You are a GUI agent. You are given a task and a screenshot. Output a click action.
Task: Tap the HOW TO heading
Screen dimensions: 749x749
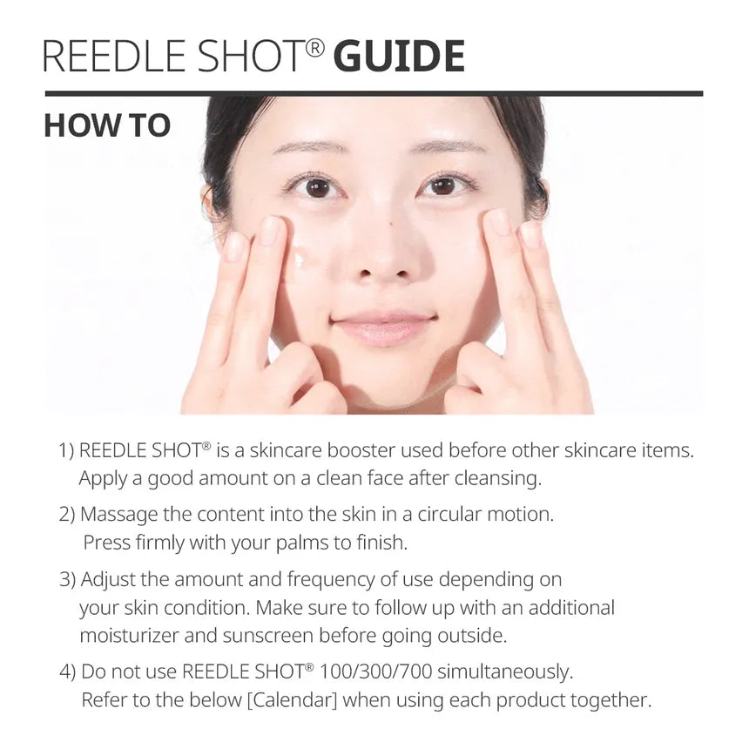(107, 125)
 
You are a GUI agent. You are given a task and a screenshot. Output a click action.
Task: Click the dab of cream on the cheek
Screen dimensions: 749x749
(299, 259)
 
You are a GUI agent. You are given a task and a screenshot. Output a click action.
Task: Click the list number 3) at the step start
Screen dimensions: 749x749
(67, 579)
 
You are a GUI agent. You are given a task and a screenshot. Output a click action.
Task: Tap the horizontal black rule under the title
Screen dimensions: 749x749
(374, 93)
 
